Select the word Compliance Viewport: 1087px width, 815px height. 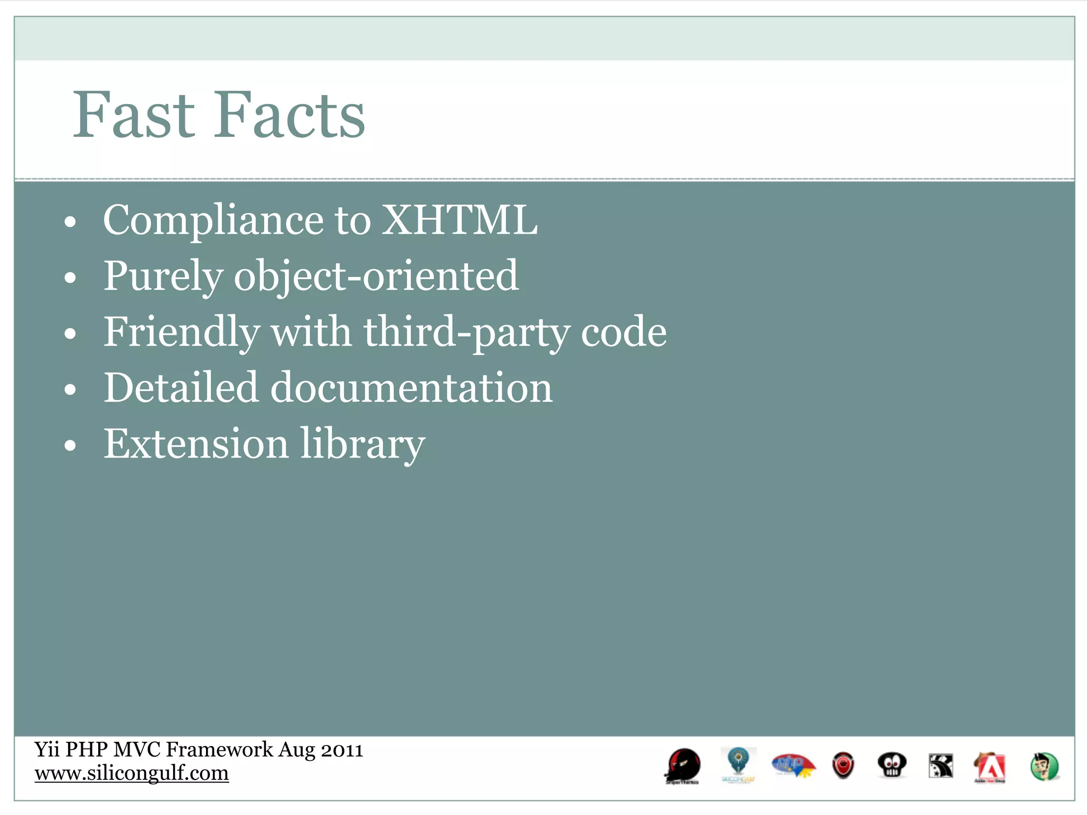(x=213, y=221)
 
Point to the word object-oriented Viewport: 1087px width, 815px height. (x=376, y=276)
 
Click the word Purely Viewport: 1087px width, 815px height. (x=163, y=277)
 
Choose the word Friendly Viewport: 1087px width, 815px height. (x=181, y=333)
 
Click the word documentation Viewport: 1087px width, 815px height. (x=411, y=388)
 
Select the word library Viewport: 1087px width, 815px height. (x=363, y=445)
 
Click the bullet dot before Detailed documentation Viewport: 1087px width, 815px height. (x=70, y=390)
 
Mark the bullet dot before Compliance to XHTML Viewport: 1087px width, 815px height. (x=70, y=222)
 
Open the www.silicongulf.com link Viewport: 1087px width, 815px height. (x=132, y=773)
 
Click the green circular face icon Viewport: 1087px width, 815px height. (x=1045, y=767)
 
